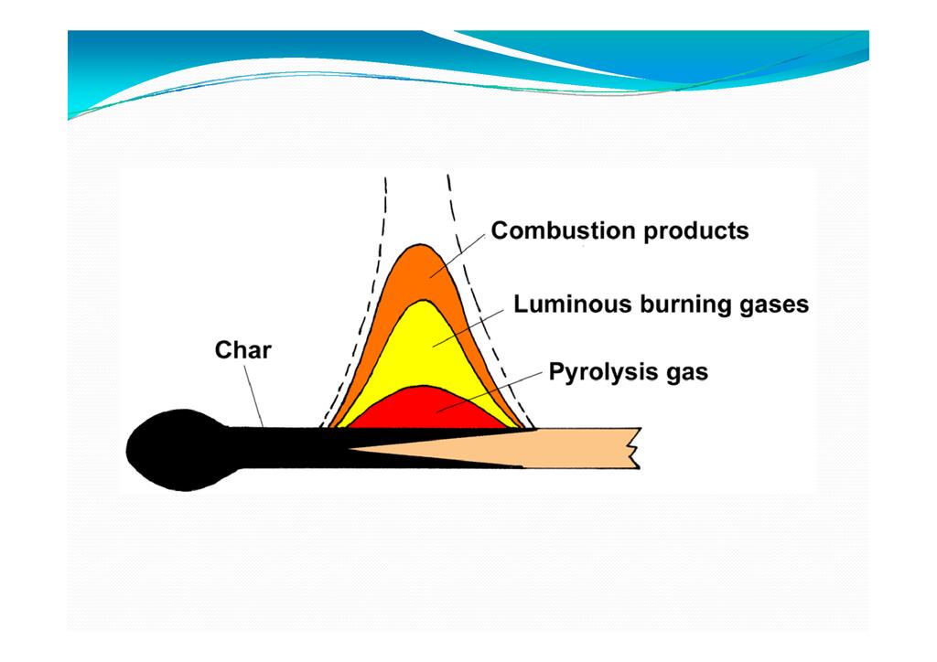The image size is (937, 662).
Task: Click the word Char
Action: coord(242,350)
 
